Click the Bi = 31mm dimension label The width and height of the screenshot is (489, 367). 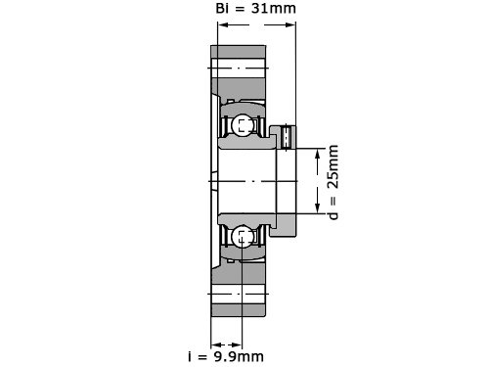click(x=255, y=9)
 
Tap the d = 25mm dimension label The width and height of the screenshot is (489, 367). click(x=333, y=182)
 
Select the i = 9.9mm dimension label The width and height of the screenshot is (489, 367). click(x=226, y=356)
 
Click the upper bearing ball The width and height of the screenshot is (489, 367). click(x=243, y=124)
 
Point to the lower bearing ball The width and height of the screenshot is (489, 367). click(x=243, y=237)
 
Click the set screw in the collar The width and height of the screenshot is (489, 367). click(x=286, y=137)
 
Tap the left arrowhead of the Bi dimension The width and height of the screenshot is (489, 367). click(x=223, y=24)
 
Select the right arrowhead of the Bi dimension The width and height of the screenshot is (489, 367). click(x=290, y=24)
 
